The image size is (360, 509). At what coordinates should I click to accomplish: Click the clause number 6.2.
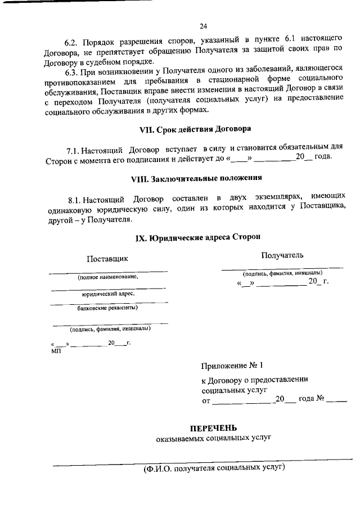pyautogui.click(x=71, y=42)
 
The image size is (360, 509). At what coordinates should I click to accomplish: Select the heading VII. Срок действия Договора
pyautogui.click(x=195, y=129)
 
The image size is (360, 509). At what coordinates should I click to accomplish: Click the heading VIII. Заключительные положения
pyautogui.click(x=196, y=178)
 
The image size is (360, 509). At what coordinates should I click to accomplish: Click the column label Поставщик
pyautogui.click(x=107, y=259)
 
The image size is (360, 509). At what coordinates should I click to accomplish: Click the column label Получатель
pyautogui.click(x=282, y=255)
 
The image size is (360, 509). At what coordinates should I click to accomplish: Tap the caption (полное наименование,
pyautogui.click(x=107, y=277)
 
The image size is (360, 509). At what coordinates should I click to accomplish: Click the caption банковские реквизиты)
pyautogui.click(x=107, y=308)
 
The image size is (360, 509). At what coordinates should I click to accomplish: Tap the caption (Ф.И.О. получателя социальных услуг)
pyautogui.click(x=214, y=468)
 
